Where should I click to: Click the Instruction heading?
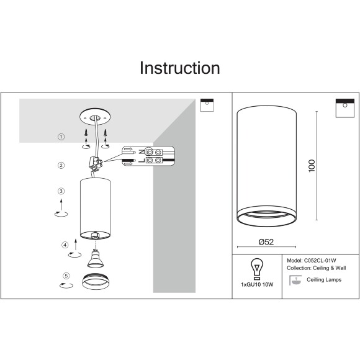(180, 68)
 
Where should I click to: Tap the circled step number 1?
(61, 137)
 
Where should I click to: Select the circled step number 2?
(61, 165)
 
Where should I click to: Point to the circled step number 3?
(61, 191)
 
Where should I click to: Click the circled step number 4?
(65, 245)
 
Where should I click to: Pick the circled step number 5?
(66, 276)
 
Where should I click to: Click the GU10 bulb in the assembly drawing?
(96, 259)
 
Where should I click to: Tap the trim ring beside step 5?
(96, 281)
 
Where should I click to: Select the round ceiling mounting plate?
(95, 117)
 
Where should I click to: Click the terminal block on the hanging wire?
(96, 163)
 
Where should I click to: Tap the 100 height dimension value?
(312, 166)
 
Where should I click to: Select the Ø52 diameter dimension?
(266, 242)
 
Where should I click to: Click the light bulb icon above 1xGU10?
(257, 269)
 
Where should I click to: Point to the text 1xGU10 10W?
(257, 285)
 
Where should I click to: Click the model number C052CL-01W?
(320, 261)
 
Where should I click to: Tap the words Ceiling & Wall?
(330, 268)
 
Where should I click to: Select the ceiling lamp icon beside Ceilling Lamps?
(295, 280)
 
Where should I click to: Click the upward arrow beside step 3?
(61, 204)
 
